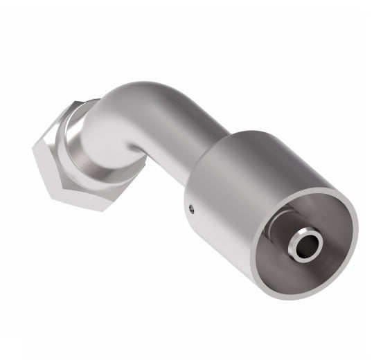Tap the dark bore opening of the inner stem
305,244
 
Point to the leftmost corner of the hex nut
33,148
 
